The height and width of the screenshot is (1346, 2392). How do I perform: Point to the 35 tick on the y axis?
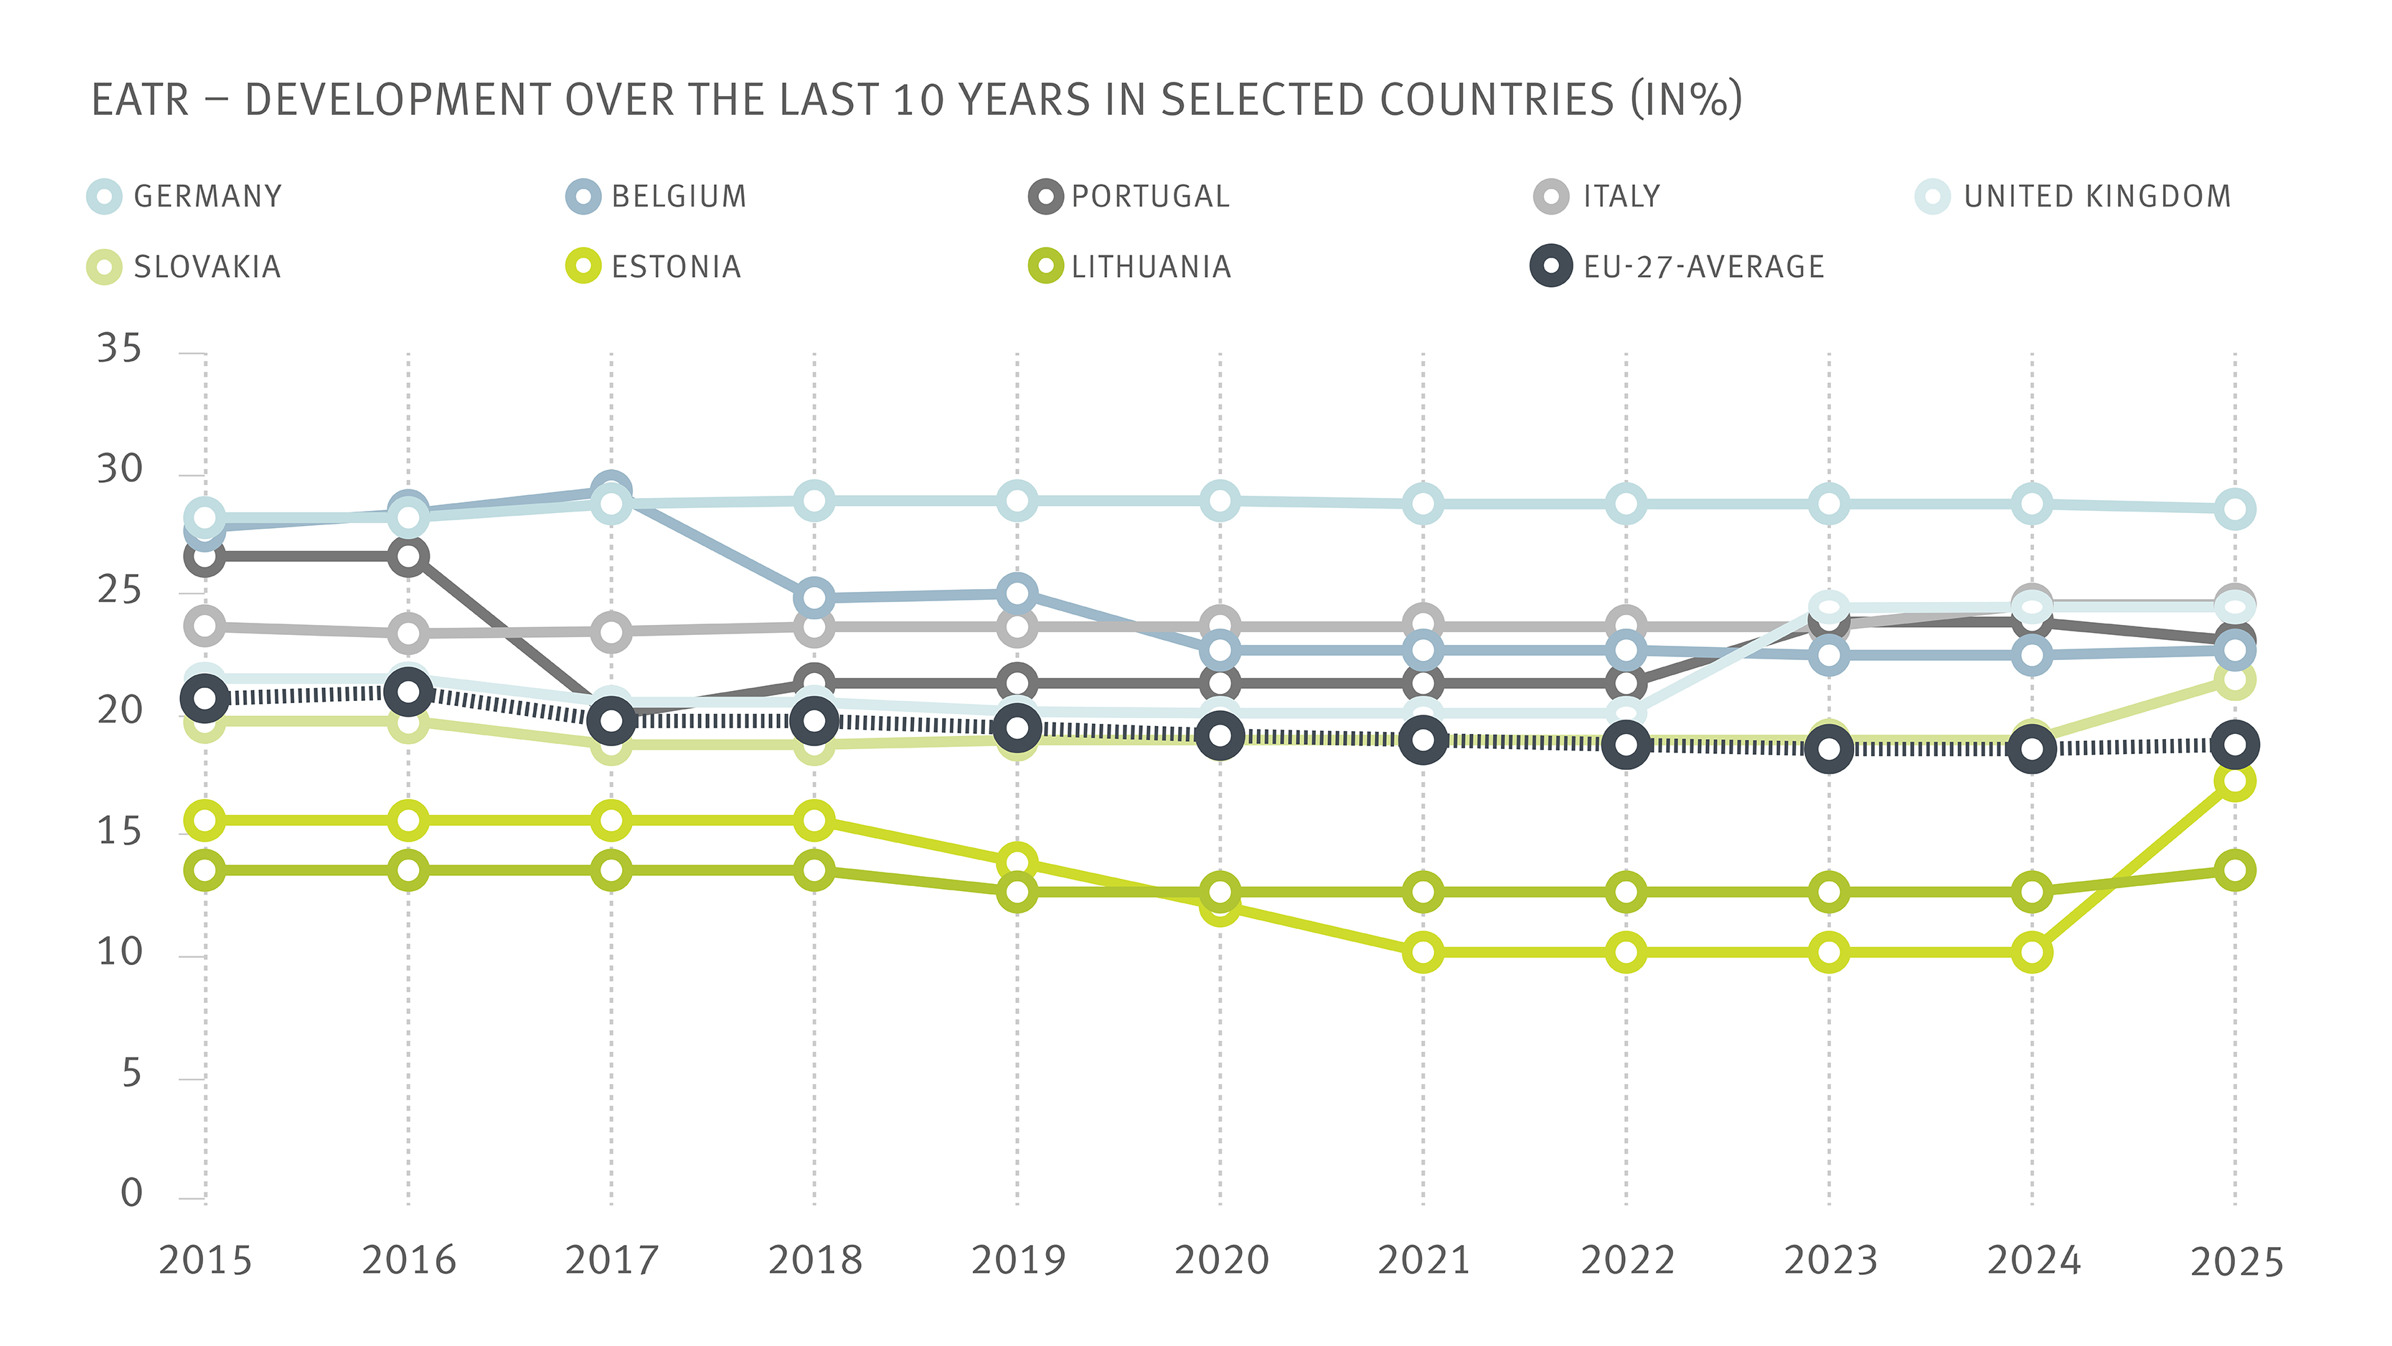tap(119, 349)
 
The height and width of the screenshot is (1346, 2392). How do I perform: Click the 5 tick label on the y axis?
tap(131, 1075)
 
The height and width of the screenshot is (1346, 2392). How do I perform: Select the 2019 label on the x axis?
tap(1018, 1261)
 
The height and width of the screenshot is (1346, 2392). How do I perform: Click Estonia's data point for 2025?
tap(2235, 781)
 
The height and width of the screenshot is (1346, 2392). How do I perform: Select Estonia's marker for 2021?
tap(1423, 952)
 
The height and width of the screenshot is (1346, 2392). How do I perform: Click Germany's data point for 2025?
tap(2235, 509)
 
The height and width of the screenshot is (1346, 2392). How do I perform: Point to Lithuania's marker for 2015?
tap(205, 870)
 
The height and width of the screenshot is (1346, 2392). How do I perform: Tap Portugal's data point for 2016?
tap(408, 557)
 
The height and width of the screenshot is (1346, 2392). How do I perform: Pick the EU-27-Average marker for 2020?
tap(1220, 735)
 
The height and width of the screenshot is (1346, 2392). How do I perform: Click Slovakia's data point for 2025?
tap(2235, 680)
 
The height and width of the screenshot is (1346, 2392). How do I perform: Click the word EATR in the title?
tap(140, 100)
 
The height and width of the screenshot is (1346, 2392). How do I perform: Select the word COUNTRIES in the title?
tap(1496, 100)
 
